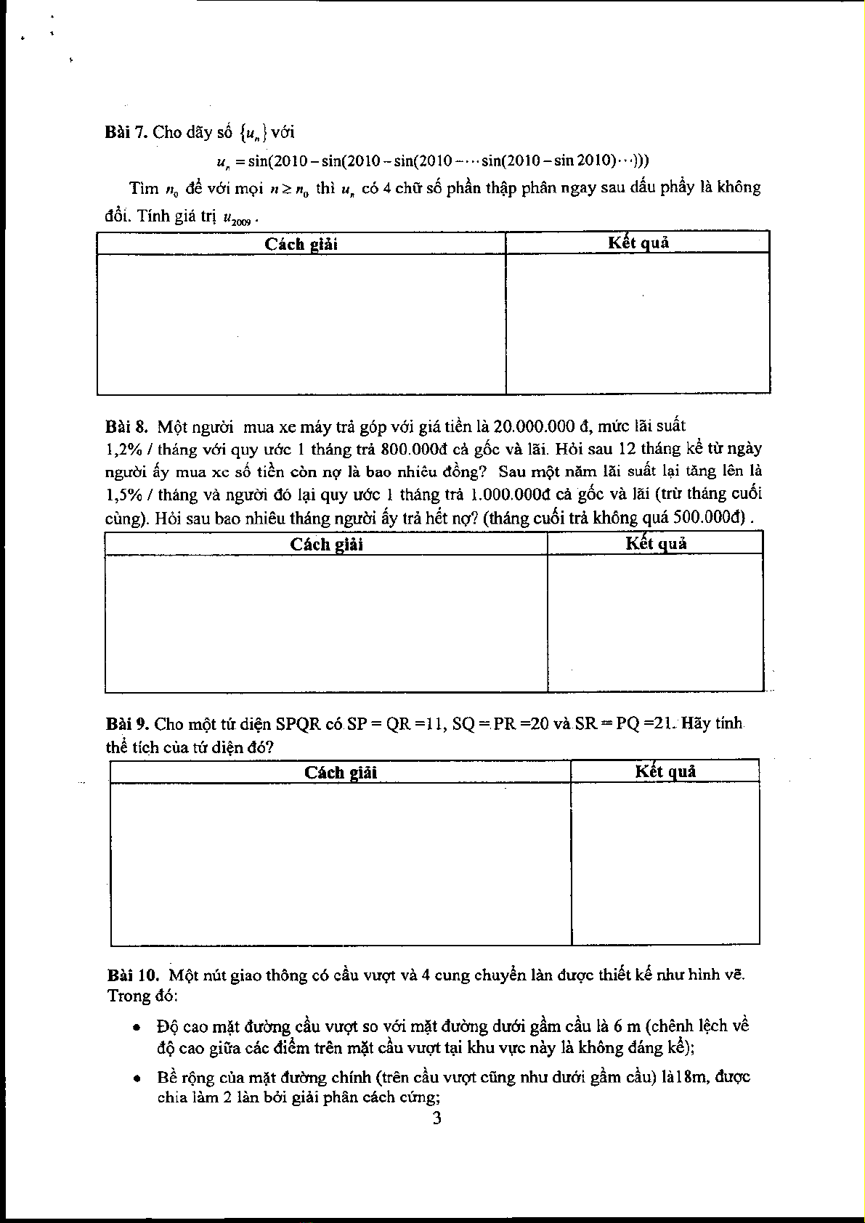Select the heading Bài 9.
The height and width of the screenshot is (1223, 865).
pyautogui.click(x=127, y=724)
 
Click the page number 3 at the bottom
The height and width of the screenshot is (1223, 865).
pyautogui.click(x=436, y=1118)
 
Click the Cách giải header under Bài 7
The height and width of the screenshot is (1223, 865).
pyautogui.click(x=301, y=244)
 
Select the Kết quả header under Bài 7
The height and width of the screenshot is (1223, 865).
pyautogui.click(x=638, y=243)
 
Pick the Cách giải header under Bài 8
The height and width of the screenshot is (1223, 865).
pyautogui.click(x=326, y=544)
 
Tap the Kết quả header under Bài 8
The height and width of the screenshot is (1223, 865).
pyautogui.click(x=656, y=543)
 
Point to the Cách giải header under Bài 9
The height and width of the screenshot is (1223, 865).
pyautogui.click(x=340, y=772)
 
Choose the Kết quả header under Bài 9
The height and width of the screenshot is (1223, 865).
pyautogui.click(x=665, y=771)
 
